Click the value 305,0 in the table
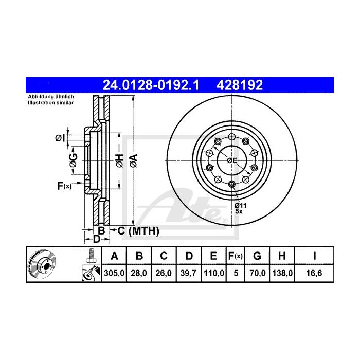115,273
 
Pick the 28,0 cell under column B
139,273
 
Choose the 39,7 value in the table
189,273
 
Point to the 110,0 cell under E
214,273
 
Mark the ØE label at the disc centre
232,161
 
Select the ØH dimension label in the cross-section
119,160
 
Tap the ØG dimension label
74,160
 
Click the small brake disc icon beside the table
44,265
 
